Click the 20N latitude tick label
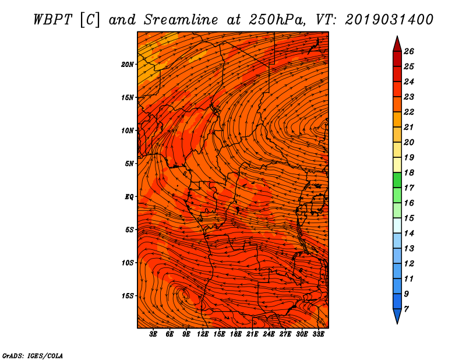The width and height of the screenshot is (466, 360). [128, 64]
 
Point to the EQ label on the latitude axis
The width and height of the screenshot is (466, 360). [129, 196]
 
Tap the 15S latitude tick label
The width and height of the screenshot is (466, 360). [128, 296]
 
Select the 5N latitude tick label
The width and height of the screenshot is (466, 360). [129, 164]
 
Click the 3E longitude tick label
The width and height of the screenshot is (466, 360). [154, 334]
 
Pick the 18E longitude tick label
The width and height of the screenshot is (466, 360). [236, 334]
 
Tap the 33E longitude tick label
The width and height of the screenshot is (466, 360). [318, 334]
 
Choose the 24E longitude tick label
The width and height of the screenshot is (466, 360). [269, 334]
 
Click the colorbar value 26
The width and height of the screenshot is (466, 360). [408, 51]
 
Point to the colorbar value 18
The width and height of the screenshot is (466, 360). [408, 172]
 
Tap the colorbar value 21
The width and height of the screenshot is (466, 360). [408, 127]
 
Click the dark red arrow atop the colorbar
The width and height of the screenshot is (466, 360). [397, 43]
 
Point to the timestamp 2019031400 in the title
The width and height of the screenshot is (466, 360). [389, 19]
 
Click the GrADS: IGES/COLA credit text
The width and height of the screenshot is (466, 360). [32, 355]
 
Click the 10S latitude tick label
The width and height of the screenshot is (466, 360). [128, 263]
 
